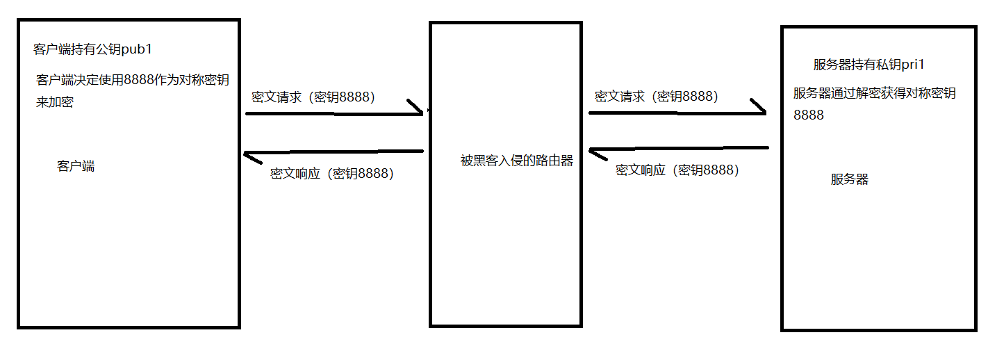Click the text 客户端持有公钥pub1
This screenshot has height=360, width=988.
coord(92,49)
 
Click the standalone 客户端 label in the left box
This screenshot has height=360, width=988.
coord(76,167)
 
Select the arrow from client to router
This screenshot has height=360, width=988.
coord(334,113)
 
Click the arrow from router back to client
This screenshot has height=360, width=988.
coord(334,152)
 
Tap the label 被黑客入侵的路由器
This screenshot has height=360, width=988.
coord(517,161)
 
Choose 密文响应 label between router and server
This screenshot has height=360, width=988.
coord(677,170)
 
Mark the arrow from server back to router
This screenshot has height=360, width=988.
coord(677,149)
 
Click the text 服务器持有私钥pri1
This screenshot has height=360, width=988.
coord(869,65)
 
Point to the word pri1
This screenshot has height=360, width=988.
coord(912,65)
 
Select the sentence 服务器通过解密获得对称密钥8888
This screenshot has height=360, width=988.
coord(875,103)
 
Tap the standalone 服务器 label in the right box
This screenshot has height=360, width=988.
coord(850,179)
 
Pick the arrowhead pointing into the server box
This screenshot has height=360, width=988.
coord(759,108)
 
